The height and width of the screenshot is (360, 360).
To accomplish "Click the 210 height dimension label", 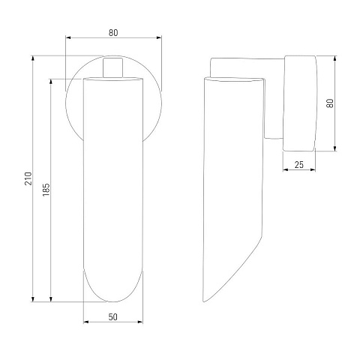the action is point(28,178).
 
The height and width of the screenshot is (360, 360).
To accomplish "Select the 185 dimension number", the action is point(46,190).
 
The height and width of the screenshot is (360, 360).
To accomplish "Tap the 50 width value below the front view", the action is point(113,317).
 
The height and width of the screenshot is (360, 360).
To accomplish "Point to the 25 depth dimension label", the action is point(299,165).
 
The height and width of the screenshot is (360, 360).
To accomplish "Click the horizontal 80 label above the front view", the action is point(113,33).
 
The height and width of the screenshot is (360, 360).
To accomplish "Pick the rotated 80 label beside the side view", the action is point(330,103).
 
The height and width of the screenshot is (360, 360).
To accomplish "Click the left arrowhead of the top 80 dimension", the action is point(68,37).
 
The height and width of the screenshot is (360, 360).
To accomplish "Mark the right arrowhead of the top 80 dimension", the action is point(159,37).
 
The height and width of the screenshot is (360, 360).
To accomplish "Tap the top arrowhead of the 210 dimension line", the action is point(32,58).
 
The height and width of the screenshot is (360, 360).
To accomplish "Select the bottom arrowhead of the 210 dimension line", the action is point(32,299).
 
